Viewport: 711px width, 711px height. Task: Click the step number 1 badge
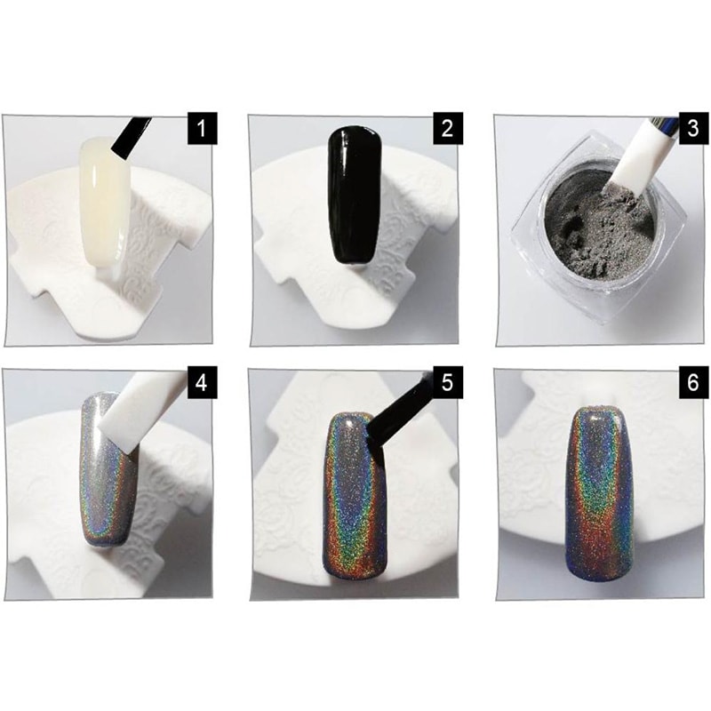(203, 129)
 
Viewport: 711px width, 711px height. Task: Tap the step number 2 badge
(448, 129)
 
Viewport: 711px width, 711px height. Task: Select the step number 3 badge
(693, 129)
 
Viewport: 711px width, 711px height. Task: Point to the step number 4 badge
(203, 383)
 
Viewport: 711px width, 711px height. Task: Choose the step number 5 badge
(448, 383)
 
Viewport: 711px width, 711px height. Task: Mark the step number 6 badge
(693, 383)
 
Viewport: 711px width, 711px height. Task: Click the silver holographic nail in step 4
(108, 472)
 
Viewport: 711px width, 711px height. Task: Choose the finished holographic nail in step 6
(599, 494)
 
